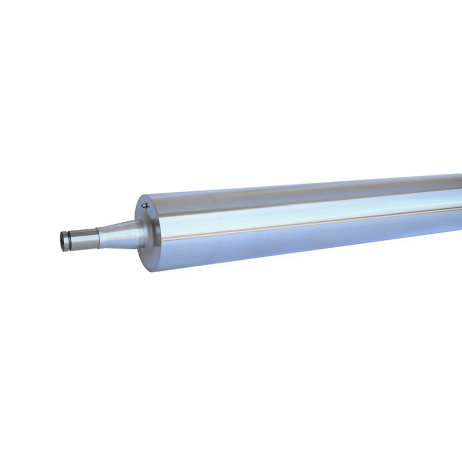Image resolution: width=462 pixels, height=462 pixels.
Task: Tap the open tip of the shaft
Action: coord(62,241)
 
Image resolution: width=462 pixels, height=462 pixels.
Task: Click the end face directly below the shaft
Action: coord(148,257)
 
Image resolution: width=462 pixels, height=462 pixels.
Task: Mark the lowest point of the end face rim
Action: coord(152,271)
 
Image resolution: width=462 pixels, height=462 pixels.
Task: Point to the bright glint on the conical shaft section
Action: coord(124,228)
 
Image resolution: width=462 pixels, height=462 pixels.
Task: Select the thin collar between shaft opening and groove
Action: coord(65,240)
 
